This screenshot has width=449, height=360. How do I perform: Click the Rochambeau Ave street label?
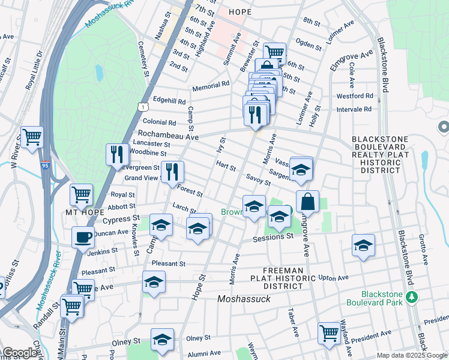(x=168, y=136)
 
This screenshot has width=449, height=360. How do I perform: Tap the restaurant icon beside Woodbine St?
(x=117, y=154)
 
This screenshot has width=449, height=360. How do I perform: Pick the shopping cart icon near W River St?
(x=32, y=136)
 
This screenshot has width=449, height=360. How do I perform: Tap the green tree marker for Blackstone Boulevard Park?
(x=412, y=297)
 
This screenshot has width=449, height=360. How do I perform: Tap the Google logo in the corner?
(x=20, y=353)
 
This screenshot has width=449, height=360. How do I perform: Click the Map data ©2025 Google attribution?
(x=411, y=355)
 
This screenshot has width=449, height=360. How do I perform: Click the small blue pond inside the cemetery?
(x=98, y=73)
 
